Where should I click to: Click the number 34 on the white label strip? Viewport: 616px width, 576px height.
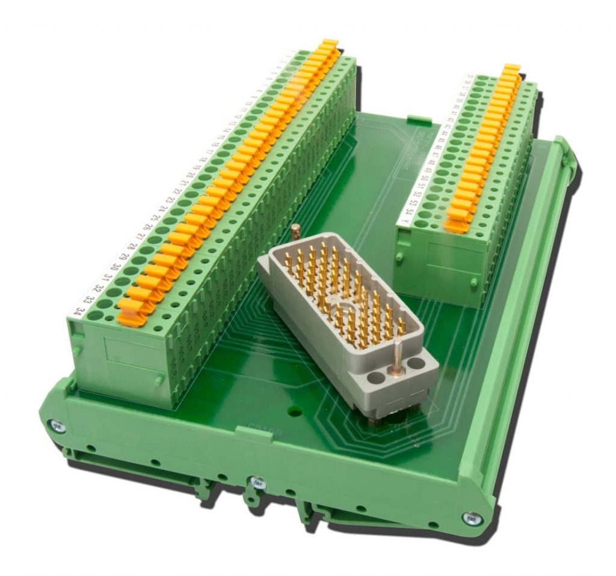(x=77, y=310)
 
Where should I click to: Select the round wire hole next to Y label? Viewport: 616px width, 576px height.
(x=421, y=221)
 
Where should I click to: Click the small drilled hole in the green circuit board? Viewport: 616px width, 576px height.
(x=295, y=413)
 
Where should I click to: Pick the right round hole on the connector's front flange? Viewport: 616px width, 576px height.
(x=416, y=364)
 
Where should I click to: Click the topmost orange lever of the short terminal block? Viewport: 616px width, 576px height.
(x=512, y=68)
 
